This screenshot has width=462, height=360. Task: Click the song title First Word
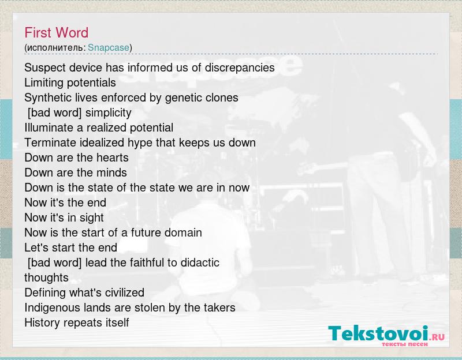[x=56, y=33]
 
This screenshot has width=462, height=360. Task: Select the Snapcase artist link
[x=109, y=48]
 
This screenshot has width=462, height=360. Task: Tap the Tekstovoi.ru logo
[x=386, y=336]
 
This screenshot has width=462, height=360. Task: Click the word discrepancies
[x=240, y=67]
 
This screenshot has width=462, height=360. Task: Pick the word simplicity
[x=108, y=112]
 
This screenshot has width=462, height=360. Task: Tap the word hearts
[x=113, y=157]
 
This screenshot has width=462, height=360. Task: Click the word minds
[x=111, y=172]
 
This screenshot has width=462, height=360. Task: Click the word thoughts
[x=47, y=278]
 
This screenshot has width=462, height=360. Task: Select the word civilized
[x=125, y=293]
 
